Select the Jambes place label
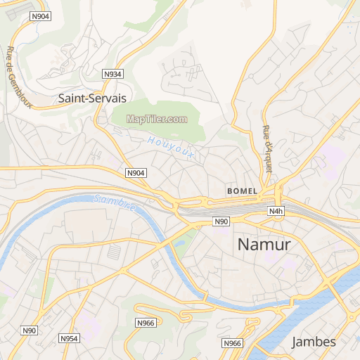pyautogui.click(x=314, y=342)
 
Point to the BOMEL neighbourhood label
pyautogui.click(x=243, y=191)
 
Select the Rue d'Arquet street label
pyautogui.click(x=267, y=139)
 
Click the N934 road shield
pyautogui.click(x=112, y=74)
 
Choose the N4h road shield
pyautogui.click(x=276, y=211)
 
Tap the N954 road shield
pyautogui.click(x=69, y=338)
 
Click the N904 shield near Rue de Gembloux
pyautogui.click(x=41, y=17)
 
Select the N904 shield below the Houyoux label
pyautogui.click(x=136, y=173)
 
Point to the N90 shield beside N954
pyautogui.click(x=29, y=330)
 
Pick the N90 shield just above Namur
pyautogui.click(x=221, y=222)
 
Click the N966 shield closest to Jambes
pyautogui.click(x=232, y=343)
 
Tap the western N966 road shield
pyautogui.click(x=145, y=323)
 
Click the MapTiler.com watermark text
pyautogui.click(x=157, y=119)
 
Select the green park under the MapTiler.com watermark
pyautogui.click(x=158, y=134)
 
